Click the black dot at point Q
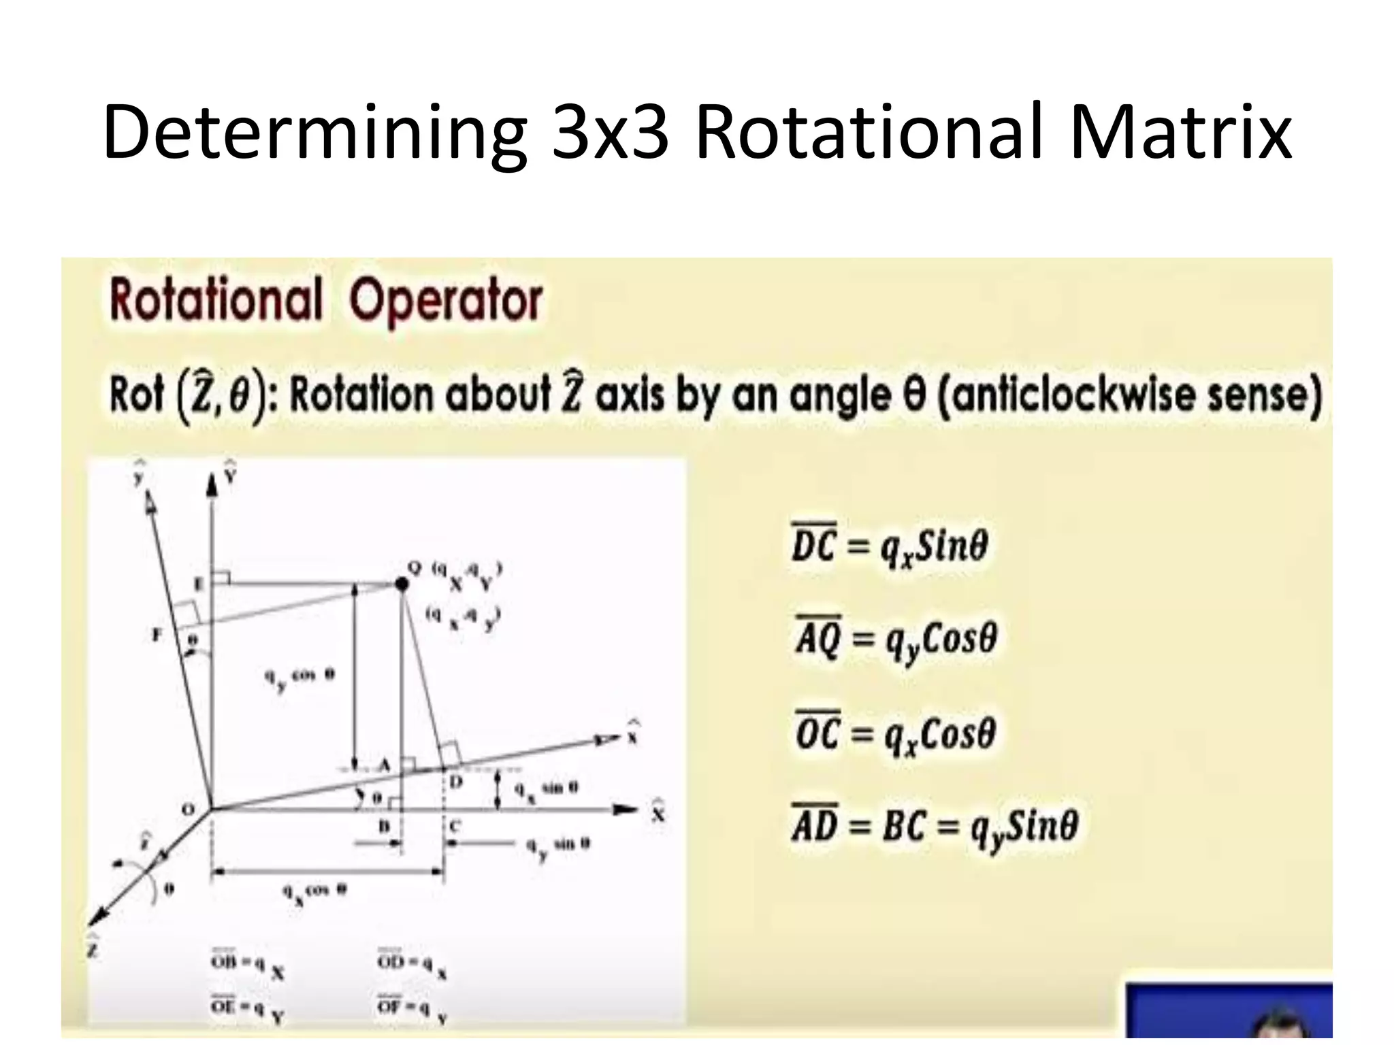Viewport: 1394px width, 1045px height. click(x=402, y=584)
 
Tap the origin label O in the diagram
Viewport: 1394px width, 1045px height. click(x=189, y=810)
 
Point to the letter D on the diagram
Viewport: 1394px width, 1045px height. click(x=455, y=782)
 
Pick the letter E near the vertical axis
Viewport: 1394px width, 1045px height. click(x=199, y=584)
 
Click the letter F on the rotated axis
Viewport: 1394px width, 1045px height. click(x=157, y=635)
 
